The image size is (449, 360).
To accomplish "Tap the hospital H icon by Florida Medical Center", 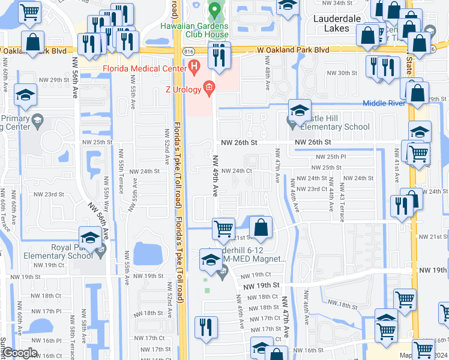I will click(193, 67).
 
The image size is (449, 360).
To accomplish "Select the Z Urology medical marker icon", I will click(209, 89).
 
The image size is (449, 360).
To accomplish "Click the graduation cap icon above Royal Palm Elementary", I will click(90, 238).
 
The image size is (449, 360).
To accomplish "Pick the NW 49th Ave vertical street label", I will click(215, 176).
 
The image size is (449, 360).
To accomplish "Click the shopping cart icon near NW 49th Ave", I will click(223, 228).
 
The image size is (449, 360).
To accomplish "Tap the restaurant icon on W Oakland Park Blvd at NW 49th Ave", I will click(220, 55).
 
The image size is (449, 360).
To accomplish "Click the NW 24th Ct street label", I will click(235, 171).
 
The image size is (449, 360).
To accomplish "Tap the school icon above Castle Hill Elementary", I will click(300, 110).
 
